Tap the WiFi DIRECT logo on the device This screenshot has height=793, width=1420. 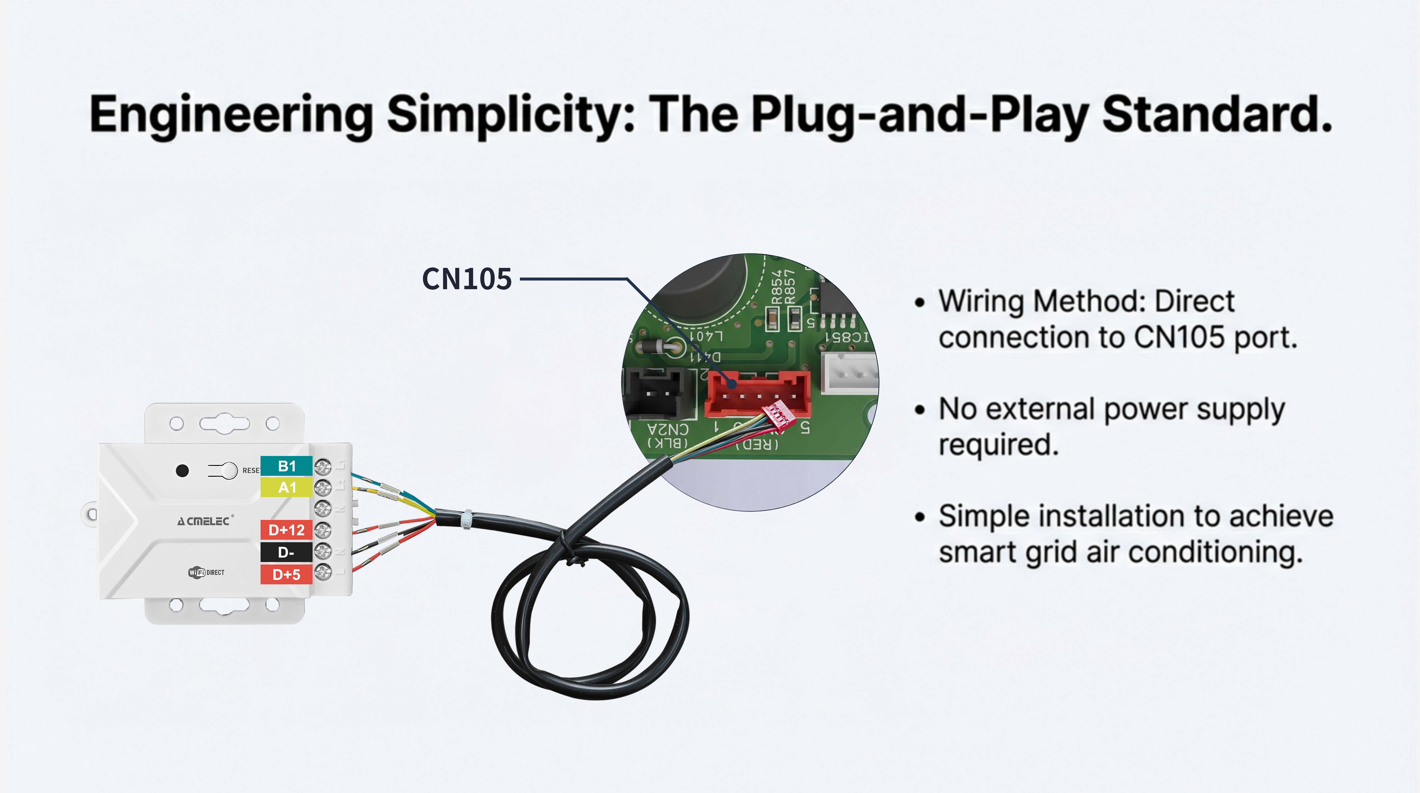pyautogui.click(x=206, y=572)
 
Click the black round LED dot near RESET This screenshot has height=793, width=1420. pyautogui.click(x=182, y=470)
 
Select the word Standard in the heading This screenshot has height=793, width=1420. pyautogui.click(x=1215, y=115)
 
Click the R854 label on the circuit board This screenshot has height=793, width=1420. pyautogui.click(x=777, y=287)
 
